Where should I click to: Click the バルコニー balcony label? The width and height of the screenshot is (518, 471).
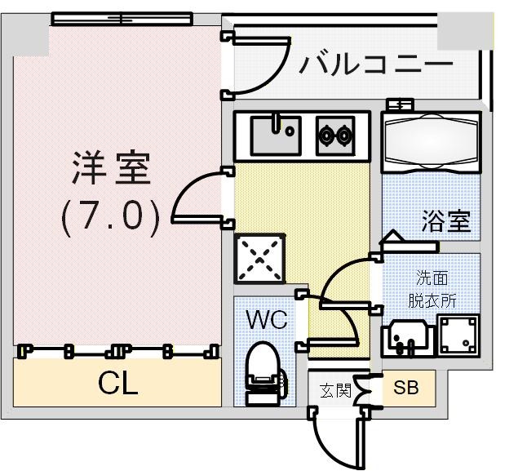(x=374, y=64)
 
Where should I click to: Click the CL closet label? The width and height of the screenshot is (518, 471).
(x=117, y=384)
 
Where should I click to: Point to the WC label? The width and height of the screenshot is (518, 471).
(x=267, y=320)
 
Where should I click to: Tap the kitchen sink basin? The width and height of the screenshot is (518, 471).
(x=272, y=136)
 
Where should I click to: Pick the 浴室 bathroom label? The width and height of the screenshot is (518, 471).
(x=446, y=220)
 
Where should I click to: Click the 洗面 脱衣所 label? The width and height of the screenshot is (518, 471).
(x=432, y=289)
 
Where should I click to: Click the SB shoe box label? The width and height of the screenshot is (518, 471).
(x=405, y=389)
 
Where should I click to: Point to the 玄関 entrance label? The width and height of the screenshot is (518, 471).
(x=334, y=390)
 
